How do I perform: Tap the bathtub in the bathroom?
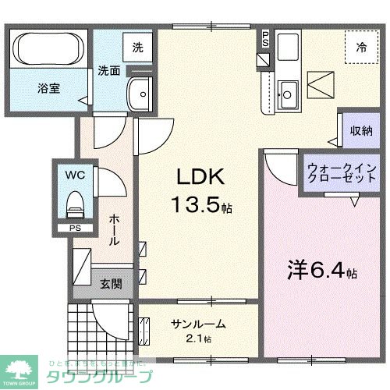point(48,49)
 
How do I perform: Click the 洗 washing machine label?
point(136,47)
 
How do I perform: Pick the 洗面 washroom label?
point(108,70)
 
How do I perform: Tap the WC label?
point(75,174)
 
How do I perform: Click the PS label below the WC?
point(75,228)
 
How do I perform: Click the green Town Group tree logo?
point(22,366)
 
